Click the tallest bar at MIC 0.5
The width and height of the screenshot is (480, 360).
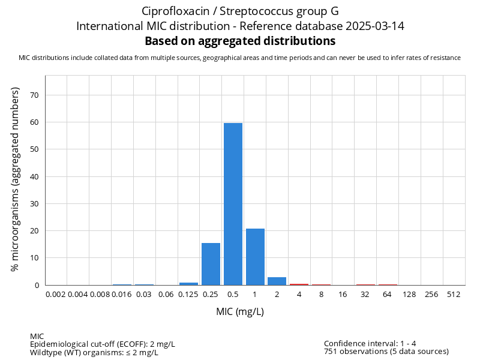[x=233, y=204]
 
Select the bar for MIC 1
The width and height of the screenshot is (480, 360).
[x=255, y=257]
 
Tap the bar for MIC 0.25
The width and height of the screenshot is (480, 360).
[x=211, y=264]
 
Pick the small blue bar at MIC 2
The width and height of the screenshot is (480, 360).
[x=277, y=281]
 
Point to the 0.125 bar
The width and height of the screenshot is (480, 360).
[x=188, y=283]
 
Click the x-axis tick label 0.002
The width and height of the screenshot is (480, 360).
[x=56, y=295]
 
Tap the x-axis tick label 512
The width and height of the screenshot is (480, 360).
[x=454, y=295]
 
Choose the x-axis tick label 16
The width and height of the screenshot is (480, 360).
[x=343, y=295]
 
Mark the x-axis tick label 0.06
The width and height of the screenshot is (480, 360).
[x=166, y=295]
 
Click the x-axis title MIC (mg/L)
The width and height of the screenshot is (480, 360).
[x=240, y=312]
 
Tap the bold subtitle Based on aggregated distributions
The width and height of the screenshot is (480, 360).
[x=240, y=41]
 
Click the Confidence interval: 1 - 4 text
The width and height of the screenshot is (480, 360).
[x=370, y=344]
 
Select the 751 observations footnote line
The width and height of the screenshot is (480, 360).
[x=386, y=352]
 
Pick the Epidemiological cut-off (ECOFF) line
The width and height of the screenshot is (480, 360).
[x=103, y=344]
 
